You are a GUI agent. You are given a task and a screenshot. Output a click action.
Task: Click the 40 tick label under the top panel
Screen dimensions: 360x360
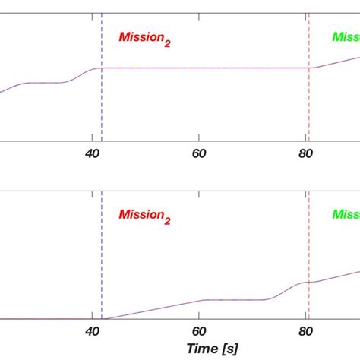pyautogui.click(x=93, y=153)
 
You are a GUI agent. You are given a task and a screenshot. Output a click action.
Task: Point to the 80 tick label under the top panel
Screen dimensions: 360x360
pyautogui.click(x=306, y=153)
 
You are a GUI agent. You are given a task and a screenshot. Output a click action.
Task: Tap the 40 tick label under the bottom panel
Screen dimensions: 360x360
pyautogui.click(x=93, y=332)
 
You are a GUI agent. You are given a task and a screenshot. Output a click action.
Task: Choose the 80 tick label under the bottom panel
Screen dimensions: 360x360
pyautogui.click(x=306, y=332)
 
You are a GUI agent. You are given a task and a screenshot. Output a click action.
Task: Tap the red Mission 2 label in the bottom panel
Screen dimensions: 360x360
pyautogui.click(x=144, y=216)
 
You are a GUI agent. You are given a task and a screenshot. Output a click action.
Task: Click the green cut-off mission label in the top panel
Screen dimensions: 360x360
pyautogui.click(x=345, y=37)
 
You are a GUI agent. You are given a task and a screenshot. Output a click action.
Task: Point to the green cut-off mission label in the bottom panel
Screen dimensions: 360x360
pyautogui.click(x=345, y=216)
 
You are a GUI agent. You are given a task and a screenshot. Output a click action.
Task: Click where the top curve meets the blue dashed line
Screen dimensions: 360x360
pyautogui.click(x=102, y=68)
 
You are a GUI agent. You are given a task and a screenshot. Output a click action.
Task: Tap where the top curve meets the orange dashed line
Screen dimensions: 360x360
pyautogui.click(x=309, y=68)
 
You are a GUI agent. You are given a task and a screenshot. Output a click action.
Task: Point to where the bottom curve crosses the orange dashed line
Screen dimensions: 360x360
pyautogui.click(x=309, y=283)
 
